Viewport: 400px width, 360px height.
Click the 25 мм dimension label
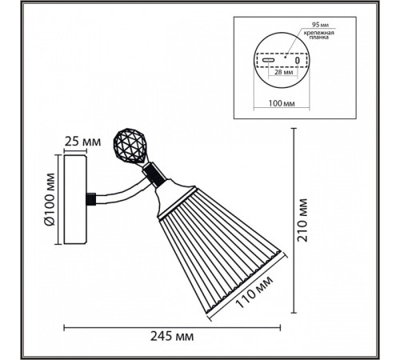[82, 142]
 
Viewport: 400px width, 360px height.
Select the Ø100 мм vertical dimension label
[50, 199]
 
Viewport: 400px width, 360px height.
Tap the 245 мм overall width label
[172, 337]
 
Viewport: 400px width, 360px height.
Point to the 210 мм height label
[302, 220]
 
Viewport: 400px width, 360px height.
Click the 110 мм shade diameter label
[254, 292]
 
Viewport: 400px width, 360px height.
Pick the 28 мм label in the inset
[283, 72]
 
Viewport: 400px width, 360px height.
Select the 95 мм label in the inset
[320, 25]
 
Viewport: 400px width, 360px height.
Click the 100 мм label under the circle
[282, 103]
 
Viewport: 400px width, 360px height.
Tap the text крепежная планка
[319, 35]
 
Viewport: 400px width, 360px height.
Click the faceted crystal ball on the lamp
[129, 146]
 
